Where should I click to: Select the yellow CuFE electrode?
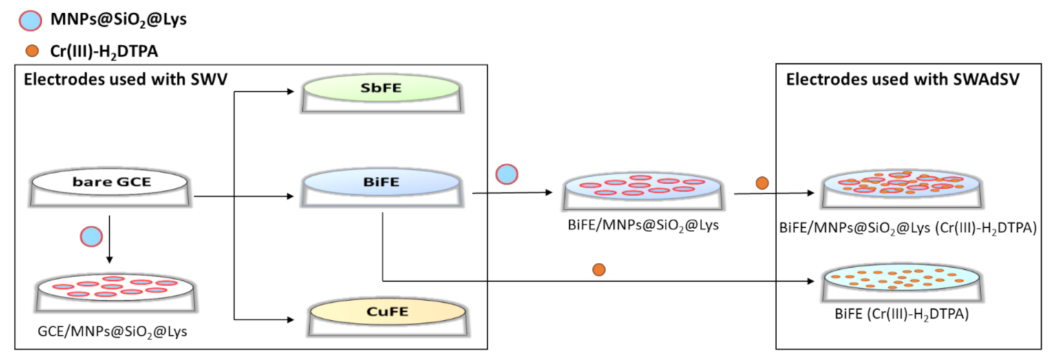point(387,311)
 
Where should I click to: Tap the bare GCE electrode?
point(109,183)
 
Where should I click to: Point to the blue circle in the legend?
point(28,20)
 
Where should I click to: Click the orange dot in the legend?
point(28,50)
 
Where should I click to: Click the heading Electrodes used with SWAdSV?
point(902,80)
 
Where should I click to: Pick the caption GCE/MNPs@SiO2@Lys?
point(112,332)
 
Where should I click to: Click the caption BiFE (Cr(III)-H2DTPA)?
point(902,315)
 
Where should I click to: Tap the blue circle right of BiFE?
point(507,174)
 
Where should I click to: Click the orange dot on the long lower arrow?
point(599,270)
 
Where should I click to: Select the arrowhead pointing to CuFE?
point(292,319)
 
